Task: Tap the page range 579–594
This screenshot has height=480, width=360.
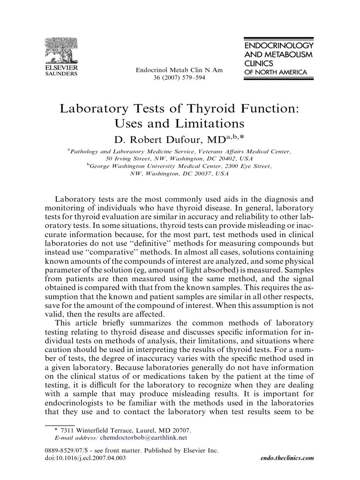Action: click(x=188, y=78)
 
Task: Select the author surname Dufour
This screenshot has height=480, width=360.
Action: click(x=187, y=139)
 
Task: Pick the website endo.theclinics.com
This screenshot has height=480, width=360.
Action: click(x=286, y=458)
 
